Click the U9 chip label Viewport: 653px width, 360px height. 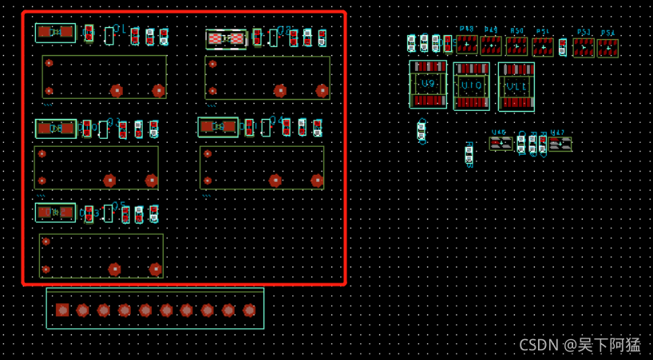429,83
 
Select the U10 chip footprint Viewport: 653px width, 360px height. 472,85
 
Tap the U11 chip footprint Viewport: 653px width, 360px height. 516,86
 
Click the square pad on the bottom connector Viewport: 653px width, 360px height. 62,310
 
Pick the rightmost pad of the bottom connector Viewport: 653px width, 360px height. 249,310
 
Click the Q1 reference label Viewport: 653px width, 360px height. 120,29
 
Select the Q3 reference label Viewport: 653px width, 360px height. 113,122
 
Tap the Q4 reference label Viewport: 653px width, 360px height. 277,120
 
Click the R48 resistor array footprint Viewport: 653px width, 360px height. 466,44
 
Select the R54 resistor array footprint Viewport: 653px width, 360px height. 607,48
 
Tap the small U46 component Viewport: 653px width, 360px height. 501,144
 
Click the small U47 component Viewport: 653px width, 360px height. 560,144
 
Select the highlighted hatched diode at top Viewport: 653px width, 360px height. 226,38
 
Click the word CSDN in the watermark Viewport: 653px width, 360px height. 538,345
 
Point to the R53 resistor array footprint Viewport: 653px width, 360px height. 584,48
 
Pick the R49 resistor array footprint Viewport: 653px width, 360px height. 491,45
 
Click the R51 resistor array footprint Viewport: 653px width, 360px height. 543,47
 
